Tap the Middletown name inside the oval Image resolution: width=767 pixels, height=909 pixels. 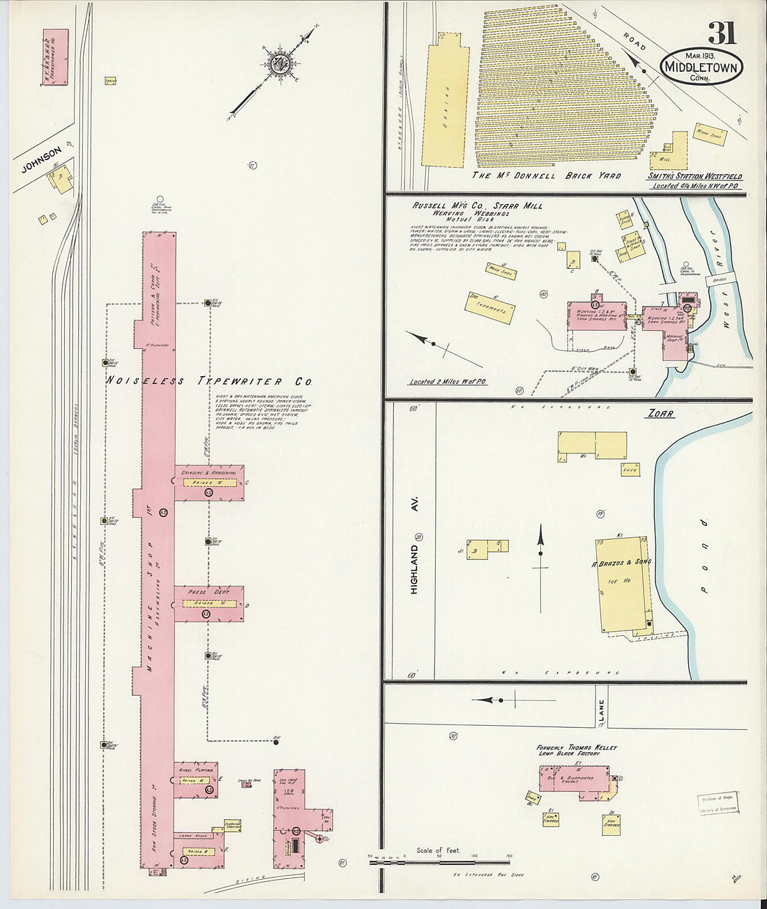click(x=701, y=68)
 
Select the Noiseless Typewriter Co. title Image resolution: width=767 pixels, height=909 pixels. click(x=208, y=381)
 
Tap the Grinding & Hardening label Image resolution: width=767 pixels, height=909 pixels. click(x=208, y=472)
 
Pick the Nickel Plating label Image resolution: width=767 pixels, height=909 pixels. click(x=196, y=770)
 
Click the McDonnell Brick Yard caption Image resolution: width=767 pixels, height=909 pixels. click(x=546, y=176)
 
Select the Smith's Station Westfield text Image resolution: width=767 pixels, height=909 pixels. click(x=694, y=177)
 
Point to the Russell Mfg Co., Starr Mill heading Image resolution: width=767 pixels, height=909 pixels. click(x=477, y=206)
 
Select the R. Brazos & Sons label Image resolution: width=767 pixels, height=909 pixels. click(x=621, y=561)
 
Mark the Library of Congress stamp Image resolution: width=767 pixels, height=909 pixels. click(x=717, y=803)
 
